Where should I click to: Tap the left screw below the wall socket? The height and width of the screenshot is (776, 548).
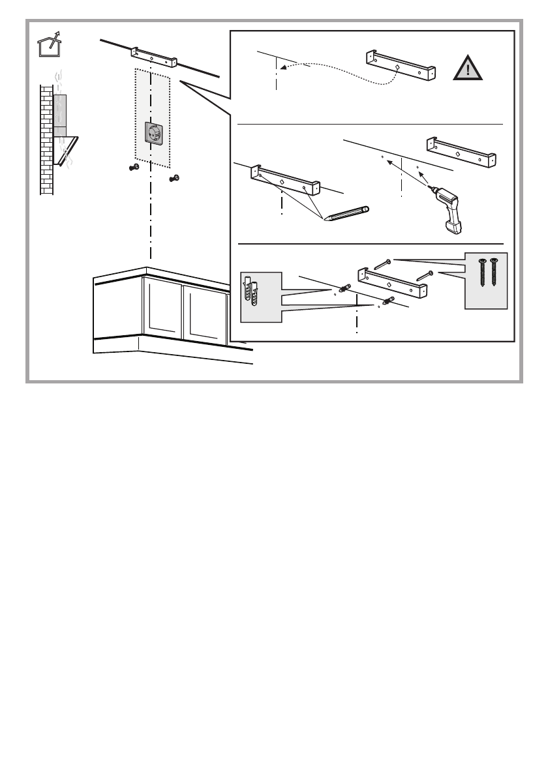[x=134, y=168]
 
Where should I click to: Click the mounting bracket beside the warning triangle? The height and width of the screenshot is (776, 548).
[x=401, y=65]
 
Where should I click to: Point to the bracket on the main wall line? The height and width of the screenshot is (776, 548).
[x=154, y=57]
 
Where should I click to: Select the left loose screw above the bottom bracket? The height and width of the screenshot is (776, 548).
[x=382, y=264]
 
